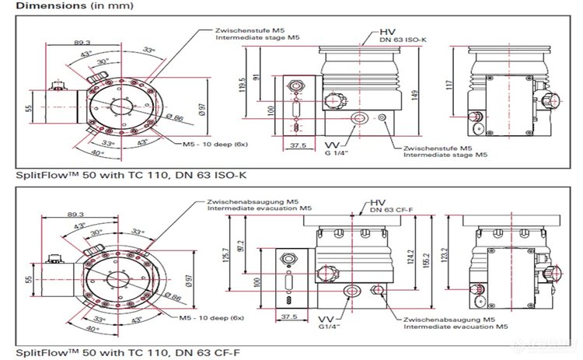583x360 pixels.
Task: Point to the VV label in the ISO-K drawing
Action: click(x=330, y=145)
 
